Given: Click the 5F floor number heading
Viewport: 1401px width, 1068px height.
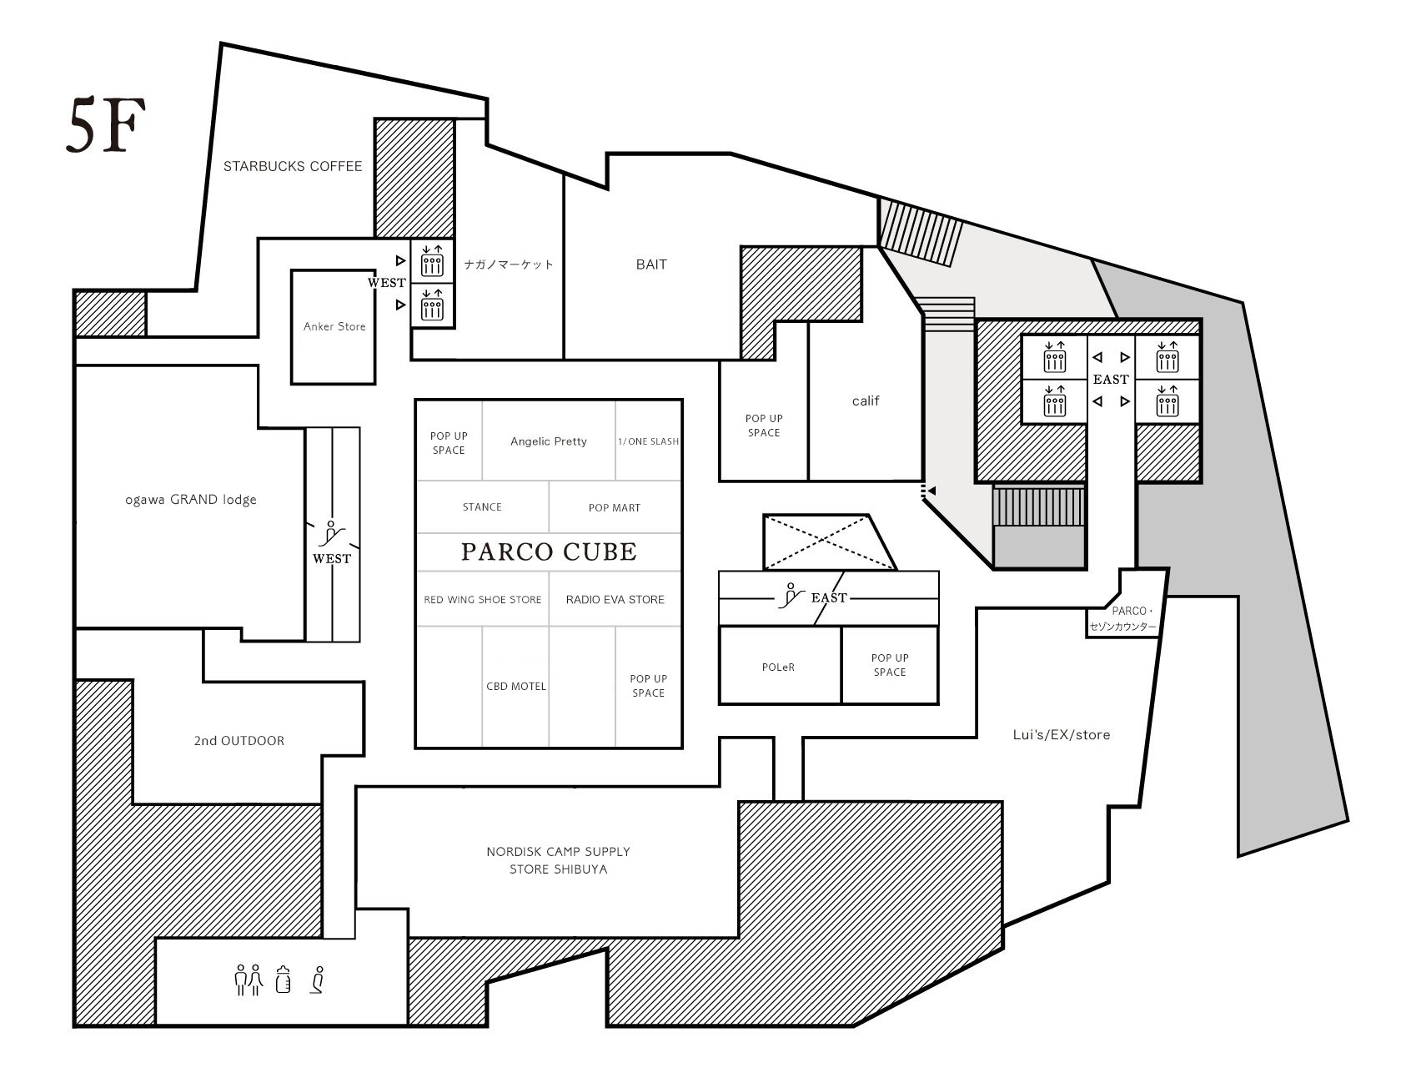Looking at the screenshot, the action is point(105,124).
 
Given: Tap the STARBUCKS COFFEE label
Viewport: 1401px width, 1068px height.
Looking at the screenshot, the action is point(293,167).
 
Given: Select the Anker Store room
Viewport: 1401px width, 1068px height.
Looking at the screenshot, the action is point(334,327).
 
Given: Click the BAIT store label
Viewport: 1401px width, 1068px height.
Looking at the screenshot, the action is point(651,264).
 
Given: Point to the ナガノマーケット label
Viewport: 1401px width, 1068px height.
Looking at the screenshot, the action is point(508,264).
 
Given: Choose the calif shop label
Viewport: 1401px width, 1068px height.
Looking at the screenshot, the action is point(866,400).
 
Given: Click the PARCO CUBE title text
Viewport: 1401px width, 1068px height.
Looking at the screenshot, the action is point(549,552).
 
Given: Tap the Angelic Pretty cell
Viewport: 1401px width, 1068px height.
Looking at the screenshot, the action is point(548,441).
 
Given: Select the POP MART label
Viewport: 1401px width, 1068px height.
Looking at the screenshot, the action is point(614,507).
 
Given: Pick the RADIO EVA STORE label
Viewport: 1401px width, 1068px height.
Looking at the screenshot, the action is point(615,599).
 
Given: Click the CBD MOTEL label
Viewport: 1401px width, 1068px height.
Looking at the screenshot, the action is point(515,686).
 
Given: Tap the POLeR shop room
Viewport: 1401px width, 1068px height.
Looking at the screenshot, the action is point(780,665).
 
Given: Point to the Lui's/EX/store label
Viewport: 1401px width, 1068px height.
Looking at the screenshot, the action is point(1061,735).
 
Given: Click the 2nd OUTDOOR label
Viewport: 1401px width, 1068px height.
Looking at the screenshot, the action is point(239,741).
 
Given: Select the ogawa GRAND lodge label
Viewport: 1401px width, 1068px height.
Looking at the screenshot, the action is point(191,500).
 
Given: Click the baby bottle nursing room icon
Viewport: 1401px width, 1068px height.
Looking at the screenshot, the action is point(284,980).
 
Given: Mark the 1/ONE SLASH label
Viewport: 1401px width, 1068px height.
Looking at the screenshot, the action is point(648,441).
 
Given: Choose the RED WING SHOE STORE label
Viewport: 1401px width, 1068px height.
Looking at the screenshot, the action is point(483,599).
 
